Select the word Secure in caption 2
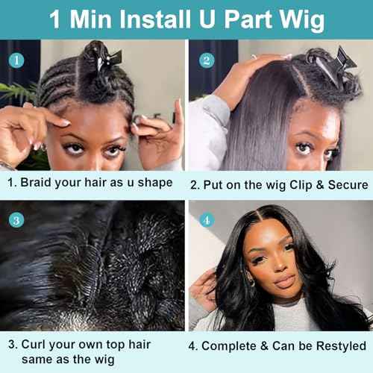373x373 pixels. click(x=342, y=184)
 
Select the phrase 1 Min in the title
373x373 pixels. click(x=75, y=19)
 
